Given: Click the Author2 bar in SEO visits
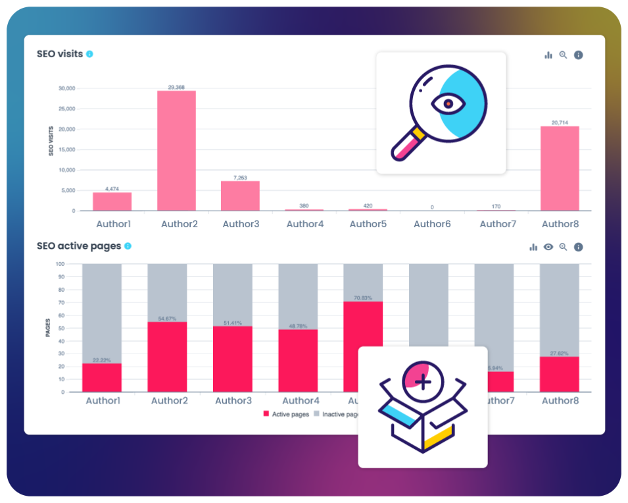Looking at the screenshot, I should tap(176, 151).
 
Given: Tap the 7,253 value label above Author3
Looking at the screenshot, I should tap(240, 177).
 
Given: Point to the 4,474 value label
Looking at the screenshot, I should tap(112, 189).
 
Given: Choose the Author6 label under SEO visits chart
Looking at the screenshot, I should tap(432, 224).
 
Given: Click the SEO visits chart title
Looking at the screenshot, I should tap(60, 54).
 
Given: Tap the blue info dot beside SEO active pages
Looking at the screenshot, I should tap(128, 246).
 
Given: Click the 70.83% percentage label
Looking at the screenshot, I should tap(363, 298).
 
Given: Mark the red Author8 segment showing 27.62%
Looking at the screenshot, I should tap(559, 374).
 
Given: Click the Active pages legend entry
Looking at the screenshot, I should tap(285, 414).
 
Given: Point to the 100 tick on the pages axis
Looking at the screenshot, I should tap(60, 264).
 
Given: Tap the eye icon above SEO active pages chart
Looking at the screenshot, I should tap(548, 247).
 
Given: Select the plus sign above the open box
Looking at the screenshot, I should tap(423, 382).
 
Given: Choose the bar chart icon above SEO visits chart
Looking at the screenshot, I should tap(548, 55).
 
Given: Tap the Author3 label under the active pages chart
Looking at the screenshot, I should tap(233, 400).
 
